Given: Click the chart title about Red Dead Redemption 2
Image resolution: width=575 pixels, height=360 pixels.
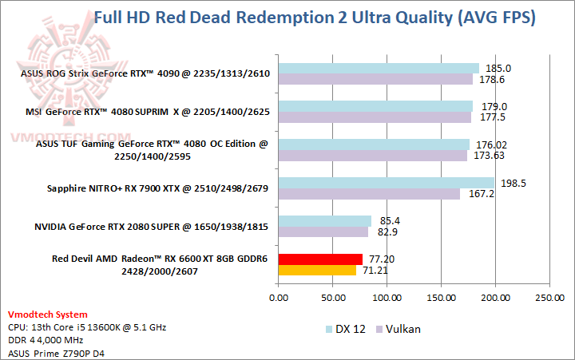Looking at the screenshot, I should pos(315,17).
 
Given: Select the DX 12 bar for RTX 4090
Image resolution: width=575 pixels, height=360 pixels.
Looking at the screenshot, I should pos(379,69).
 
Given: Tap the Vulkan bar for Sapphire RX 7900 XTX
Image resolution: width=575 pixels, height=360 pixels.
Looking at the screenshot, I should pos(369,194).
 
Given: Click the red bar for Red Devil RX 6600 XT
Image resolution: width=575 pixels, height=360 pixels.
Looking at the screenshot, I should pos(320,259).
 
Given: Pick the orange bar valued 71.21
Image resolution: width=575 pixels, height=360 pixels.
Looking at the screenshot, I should pos(317,270).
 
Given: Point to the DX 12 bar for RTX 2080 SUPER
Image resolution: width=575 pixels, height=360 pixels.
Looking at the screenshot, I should pos(324,220).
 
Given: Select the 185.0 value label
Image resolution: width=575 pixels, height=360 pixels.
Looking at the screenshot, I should pos(498,69).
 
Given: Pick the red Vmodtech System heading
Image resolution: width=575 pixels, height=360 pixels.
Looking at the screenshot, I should pos(48,315).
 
